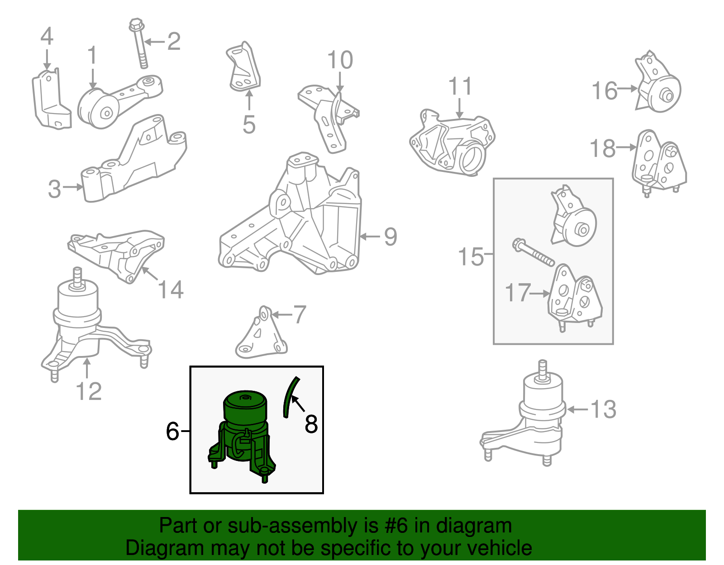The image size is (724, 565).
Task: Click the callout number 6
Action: click(x=172, y=431)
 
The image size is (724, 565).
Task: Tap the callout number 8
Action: click(x=311, y=424)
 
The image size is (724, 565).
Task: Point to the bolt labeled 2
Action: click(x=139, y=43)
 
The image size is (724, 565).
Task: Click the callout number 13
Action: click(x=603, y=409)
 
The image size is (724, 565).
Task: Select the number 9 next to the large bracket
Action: click(x=391, y=237)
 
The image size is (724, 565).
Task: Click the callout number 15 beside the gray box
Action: click(x=471, y=256)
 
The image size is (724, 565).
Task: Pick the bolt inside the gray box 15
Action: click(x=534, y=253)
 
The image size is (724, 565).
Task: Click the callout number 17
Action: click(x=518, y=293)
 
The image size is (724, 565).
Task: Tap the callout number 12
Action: click(x=89, y=391)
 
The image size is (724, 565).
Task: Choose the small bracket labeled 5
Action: click(x=243, y=68)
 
